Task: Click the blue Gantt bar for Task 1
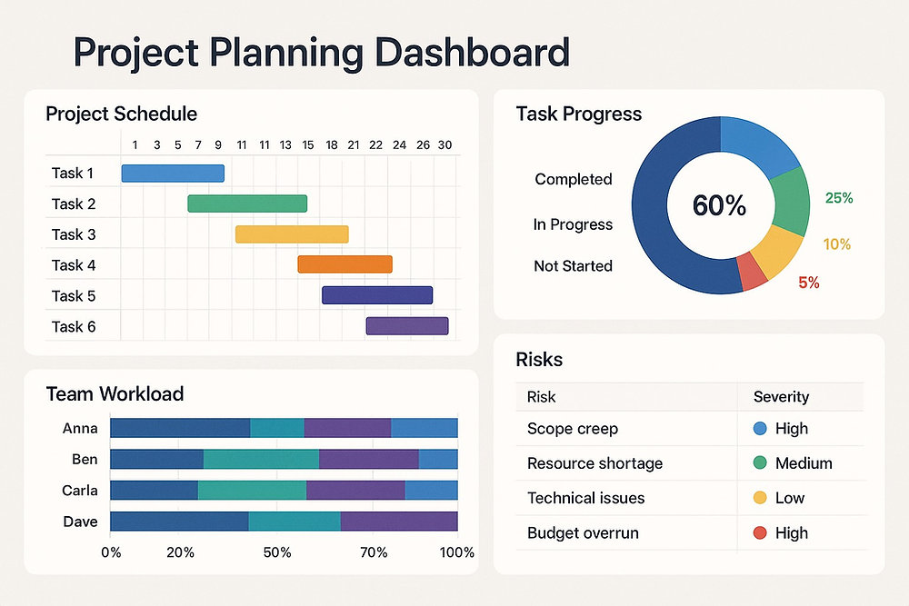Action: tap(173, 173)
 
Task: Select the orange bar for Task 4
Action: tap(345, 264)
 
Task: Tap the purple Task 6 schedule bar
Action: tap(406, 326)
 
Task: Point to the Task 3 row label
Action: tap(74, 234)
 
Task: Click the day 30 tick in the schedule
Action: tap(445, 144)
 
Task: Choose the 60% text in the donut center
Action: tap(719, 205)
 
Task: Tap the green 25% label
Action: tap(838, 198)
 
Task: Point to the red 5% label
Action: tap(809, 283)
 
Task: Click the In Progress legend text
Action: tap(573, 224)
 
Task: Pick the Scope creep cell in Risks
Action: tap(572, 429)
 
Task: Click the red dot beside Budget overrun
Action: tap(760, 533)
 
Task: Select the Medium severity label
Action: tap(804, 463)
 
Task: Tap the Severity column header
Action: tap(781, 397)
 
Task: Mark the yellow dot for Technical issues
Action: tap(760, 498)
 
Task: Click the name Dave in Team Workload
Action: tap(80, 522)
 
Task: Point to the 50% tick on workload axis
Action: tap(277, 552)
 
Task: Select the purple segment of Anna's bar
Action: tap(347, 428)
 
